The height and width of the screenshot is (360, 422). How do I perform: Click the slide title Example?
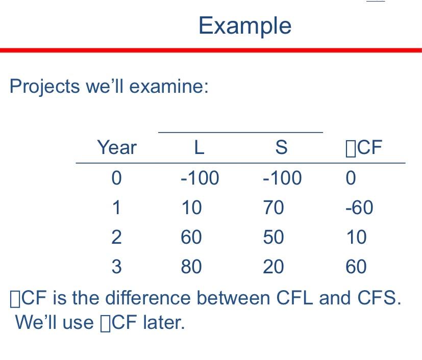pos(245,25)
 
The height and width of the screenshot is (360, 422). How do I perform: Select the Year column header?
pos(117,148)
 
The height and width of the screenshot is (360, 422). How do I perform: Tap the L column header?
pos(199,148)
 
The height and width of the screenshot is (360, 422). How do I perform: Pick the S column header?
pos(281,148)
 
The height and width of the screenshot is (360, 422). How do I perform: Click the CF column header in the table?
pos(364,148)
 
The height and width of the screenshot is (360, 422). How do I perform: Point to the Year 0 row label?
pos(117,178)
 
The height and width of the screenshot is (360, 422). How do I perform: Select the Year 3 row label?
pos(117,267)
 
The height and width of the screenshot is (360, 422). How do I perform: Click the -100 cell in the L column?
pos(200,178)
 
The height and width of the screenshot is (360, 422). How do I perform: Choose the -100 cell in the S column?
pos(282,178)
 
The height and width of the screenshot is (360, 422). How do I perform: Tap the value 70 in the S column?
pos(274,208)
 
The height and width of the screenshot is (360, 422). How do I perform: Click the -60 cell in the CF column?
pos(359,208)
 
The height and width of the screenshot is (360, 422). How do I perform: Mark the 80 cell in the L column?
pos(191,267)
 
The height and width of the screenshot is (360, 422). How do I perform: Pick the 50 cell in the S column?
pos(274,237)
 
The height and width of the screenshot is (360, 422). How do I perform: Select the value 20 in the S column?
pos(274,267)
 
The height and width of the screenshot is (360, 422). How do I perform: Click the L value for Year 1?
pos(191,208)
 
